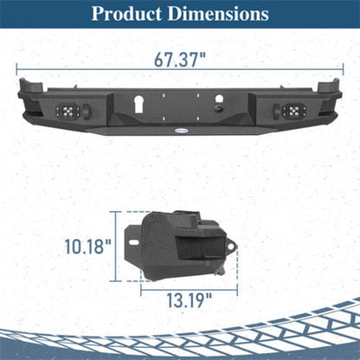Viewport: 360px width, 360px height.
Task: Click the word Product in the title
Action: [x=126, y=14]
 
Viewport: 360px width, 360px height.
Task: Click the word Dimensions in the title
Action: [x=218, y=14]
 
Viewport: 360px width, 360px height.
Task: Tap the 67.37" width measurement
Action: [x=180, y=60]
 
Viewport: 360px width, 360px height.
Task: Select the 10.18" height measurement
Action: [x=87, y=247]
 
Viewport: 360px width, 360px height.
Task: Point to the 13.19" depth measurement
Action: [x=190, y=300]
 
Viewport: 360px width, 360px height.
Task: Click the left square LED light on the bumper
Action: [x=68, y=111]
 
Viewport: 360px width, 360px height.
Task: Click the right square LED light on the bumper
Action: [x=294, y=111]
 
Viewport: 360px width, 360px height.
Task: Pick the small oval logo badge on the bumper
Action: [x=181, y=131]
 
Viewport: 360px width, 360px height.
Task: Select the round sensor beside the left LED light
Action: [x=87, y=111]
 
